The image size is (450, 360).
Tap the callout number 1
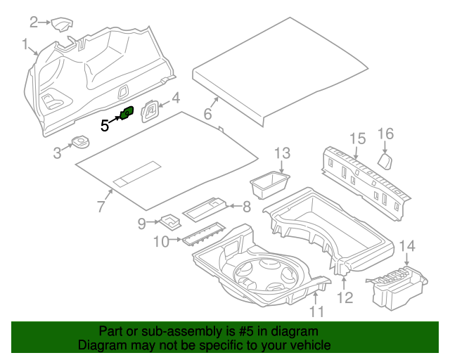pyautogui.click(x=25, y=46)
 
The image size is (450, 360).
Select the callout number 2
pyautogui.click(x=34, y=22)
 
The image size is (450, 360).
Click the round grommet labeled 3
pyautogui.click(x=78, y=144)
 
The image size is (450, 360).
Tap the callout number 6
pyautogui.click(x=207, y=114)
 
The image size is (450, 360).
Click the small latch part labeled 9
pyautogui.click(x=170, y=221)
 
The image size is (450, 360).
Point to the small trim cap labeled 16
pyautogui.click(x=386, y=162)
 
